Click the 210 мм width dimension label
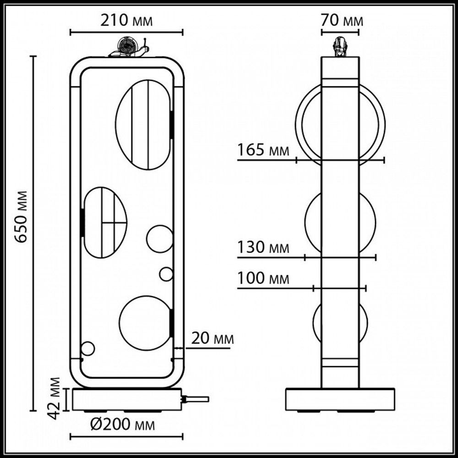pyautogui.click(x=126, y=21)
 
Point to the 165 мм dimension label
pyautogui.click(x=263, y=150)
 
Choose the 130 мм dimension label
pyautogui.click(x=263, y=247)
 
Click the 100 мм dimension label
pyautogui.click(x=263, y=278)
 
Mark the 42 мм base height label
pyautogui.click(x=55, y=398)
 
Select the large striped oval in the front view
pyautogui.click(x=143, y=125)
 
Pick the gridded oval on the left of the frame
pyautogui.click(x=105, y=222)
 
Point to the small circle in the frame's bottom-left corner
pyautogui.click(x=87, y=349)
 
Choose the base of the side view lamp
pyautogui.click(x=340, y=399)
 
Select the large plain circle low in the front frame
pyautogui.click(x=144, y=321)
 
